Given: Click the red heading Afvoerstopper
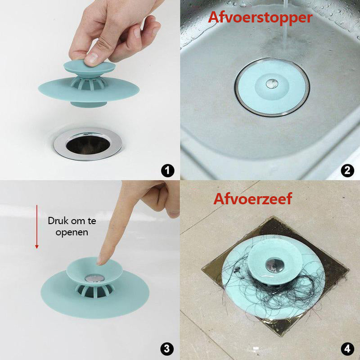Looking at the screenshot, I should click(x=260, y=18).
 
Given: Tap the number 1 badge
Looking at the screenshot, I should click(x=167, y=171).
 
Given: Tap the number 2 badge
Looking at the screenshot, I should click(x=347, y=171).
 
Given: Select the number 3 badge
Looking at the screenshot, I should click(x=167, y=348).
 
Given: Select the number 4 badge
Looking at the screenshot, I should click(x=347, y=348).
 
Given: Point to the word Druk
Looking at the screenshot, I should click(x=58, y=221).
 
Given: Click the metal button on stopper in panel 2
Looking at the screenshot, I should click(x=271, y=83).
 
